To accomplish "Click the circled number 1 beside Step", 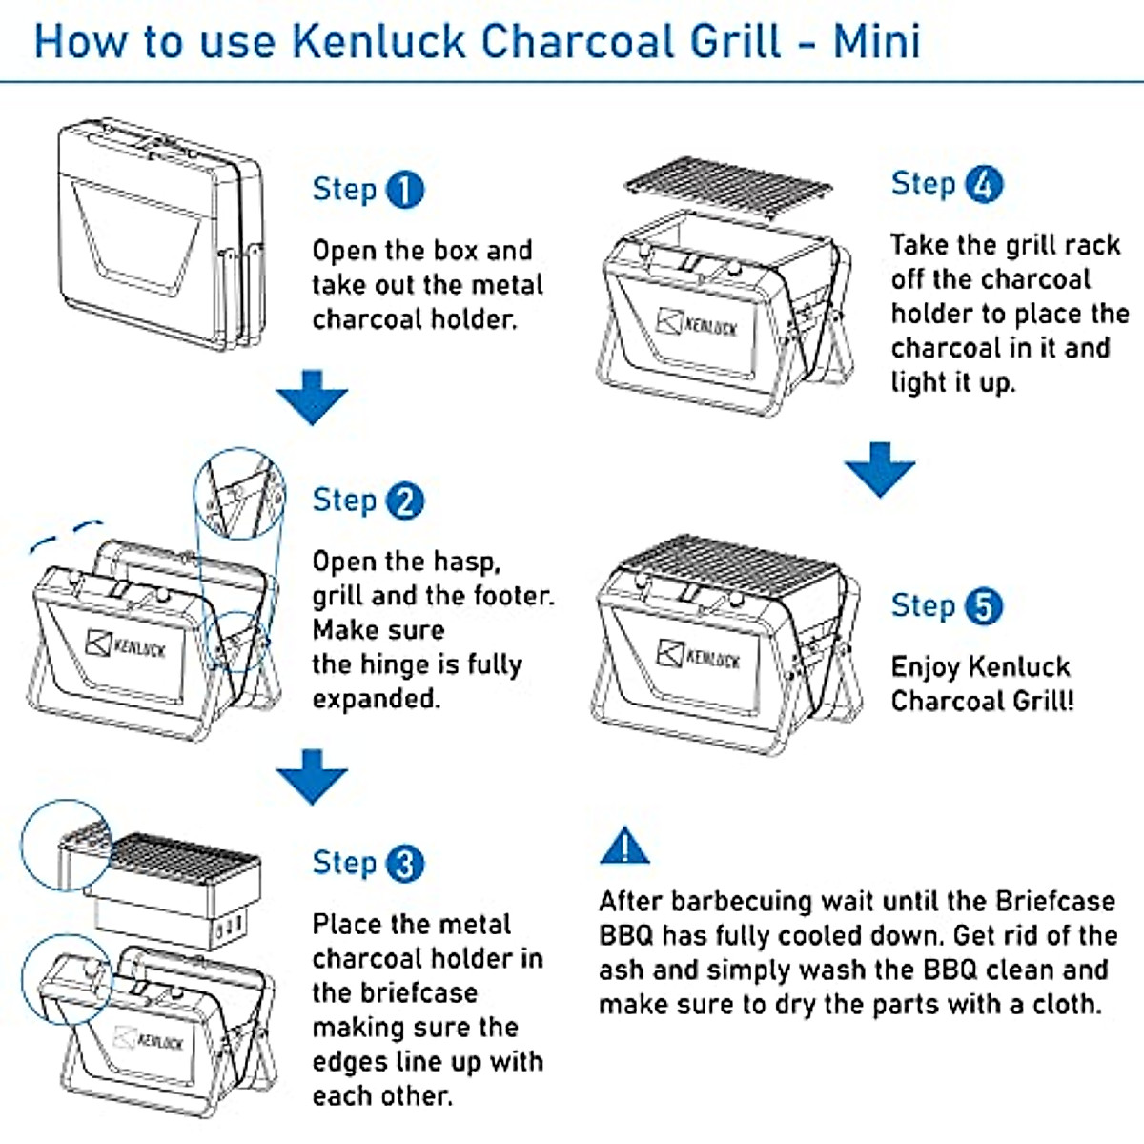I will pos(405,190).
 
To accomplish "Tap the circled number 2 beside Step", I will pos(405,500).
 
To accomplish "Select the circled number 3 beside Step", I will pos(405,864).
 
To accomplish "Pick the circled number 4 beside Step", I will pos(984,184).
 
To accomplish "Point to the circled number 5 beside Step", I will pos(984,606).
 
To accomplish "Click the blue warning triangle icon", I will pos(624,847).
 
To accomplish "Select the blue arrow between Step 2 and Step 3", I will pos(312,775).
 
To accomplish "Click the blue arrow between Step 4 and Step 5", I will pos(879,468).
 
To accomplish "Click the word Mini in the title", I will pos(877,42).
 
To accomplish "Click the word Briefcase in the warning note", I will pos(1055,901).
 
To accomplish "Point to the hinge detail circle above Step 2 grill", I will pos(239,494).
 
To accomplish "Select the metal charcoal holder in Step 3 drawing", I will pos(176,887).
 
